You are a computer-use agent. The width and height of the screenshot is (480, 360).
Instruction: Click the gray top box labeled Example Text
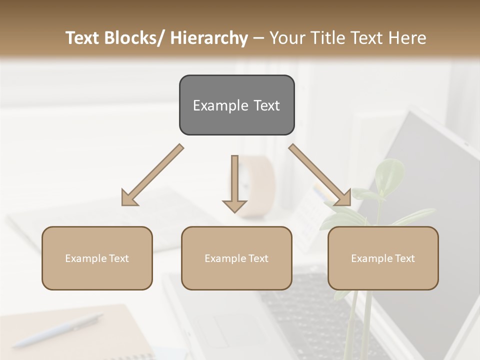coord(236,105)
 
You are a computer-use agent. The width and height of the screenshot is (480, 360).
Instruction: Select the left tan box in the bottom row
coord(97,258)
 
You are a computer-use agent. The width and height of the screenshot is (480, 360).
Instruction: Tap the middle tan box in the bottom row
coord(236,258)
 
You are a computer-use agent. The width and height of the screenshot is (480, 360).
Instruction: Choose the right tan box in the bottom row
coord(383,258)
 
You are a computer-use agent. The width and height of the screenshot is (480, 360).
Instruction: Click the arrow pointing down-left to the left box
coord(152,175)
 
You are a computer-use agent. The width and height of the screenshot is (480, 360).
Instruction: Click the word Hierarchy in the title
coord(208,38)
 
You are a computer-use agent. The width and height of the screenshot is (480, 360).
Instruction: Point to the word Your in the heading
coord(287,38)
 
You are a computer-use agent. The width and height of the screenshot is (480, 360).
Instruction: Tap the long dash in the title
coord(258,38)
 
